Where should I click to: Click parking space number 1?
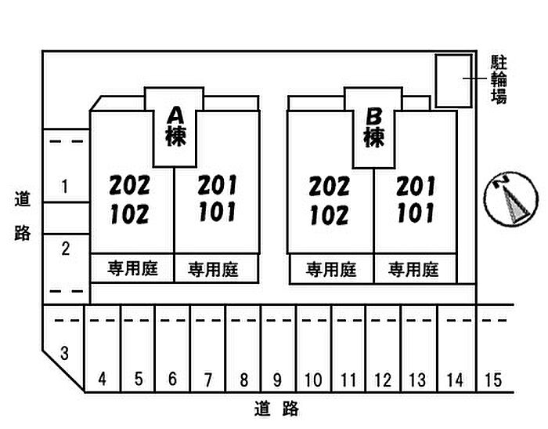pyautogui.click(x=65, y=186)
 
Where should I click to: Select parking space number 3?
pyautogui.click(x=65, y=354)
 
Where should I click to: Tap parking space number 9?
pyautogui.click(x=277, y=380)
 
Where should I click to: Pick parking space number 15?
pyautogui.click(x=492, y=380)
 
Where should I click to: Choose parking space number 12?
pyautogui.click(x=383, y=380)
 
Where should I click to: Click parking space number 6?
pyautogui.click(x=172, y=380)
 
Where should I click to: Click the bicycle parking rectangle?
pyautogui.click(x=453, y=80)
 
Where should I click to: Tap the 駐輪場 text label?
pyautogui.click(x=499, y=79)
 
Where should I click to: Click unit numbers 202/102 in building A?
pyautogui.click(x=129, y=199)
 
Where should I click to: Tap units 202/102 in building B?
pyautogui.click(x=329, y=200)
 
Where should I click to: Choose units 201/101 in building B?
pyautogui.click(x=416, y=199)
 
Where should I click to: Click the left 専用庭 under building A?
pyautogui.click(x=132, y=269)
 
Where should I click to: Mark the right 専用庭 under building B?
pyautogui.click(x=413, y=270)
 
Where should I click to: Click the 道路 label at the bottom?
pyautogui.click(x=277, y=409)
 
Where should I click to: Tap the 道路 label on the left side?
pyautogui.click(x=23, y=216)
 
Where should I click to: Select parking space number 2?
pyautogui.click(x=66, y=249)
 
